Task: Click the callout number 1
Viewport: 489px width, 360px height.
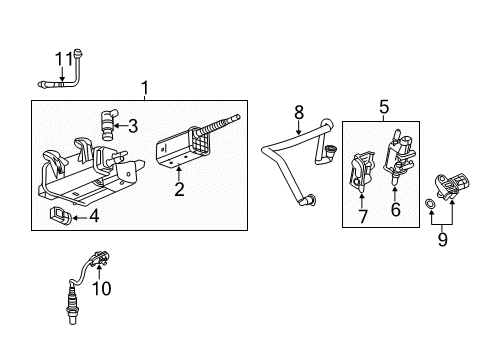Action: coord(146,89)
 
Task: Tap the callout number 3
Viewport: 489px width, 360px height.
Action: coord(161,126)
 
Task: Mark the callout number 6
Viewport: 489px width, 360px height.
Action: coord(395,209)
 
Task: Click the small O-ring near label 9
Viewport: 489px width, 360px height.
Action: coord(429,205)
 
